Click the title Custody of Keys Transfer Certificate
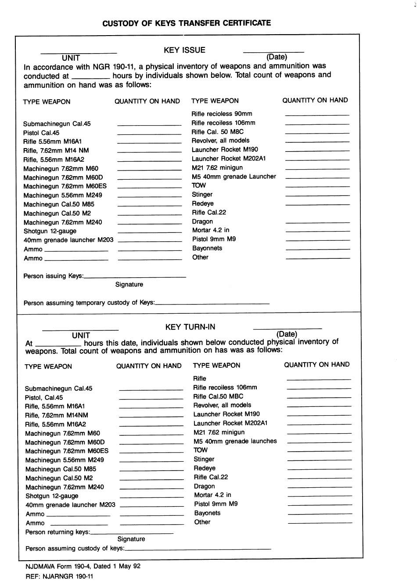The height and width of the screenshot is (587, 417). point(187,23)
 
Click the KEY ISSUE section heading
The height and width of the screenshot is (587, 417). point(184,50)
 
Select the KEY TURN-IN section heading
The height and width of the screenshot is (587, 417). point(190,327)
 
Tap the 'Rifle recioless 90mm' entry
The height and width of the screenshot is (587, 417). point(222,114)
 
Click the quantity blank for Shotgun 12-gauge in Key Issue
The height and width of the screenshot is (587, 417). point(150,232)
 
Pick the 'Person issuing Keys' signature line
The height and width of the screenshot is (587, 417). point(134,277)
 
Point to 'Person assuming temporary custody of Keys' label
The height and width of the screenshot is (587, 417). point(89,303)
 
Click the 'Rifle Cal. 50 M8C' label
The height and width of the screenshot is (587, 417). point(217,132)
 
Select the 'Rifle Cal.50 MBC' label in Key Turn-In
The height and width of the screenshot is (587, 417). point(218,396)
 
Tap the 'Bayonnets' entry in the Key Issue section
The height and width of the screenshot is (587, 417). point(207,248)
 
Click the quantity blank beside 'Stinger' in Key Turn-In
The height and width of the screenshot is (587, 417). point(320,460)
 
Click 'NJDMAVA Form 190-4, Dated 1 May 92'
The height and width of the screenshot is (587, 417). point(83,566)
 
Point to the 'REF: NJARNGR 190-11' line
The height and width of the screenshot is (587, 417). point(59,576)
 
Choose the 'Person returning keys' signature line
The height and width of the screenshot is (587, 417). point(132,533)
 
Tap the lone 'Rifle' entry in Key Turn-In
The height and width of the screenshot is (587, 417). point(200,378)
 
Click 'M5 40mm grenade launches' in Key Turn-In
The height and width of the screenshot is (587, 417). point(235,441)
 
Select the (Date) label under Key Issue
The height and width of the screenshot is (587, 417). point(277,57)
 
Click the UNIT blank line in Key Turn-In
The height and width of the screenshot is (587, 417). point(80,330)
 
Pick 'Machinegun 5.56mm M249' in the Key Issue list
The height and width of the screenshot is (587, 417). point(63,195)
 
